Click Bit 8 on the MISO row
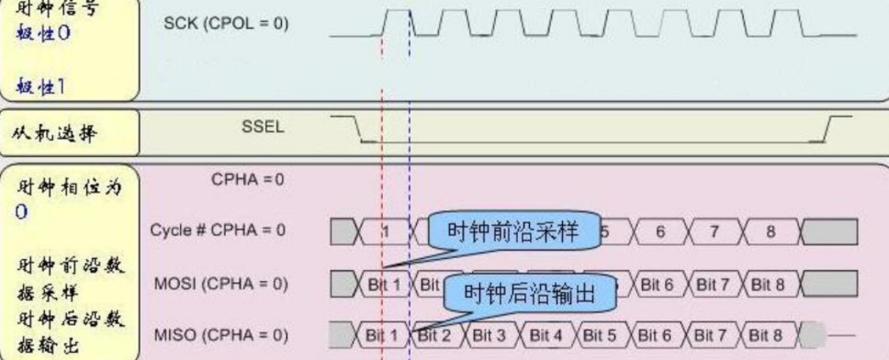[767, 336]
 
